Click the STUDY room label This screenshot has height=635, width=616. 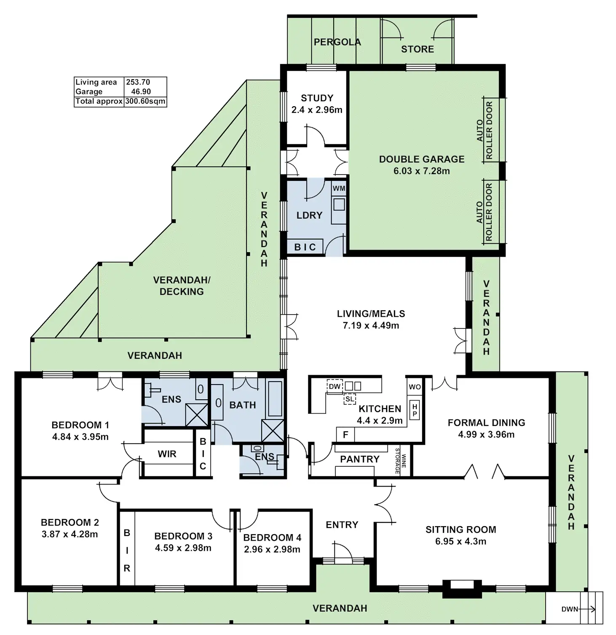point(317,98)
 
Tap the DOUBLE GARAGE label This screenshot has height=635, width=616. point(422,159)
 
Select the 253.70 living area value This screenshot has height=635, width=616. point(138,82)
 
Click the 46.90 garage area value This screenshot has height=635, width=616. point(141,91)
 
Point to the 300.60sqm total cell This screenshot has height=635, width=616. point(145,101)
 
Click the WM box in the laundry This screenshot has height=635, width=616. point(339,188)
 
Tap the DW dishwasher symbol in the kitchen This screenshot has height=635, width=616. point(335,386)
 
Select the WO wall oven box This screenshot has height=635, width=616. point(415,387)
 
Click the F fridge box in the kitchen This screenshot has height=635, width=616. point(345,435)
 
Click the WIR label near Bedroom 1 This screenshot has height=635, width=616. point(167,454)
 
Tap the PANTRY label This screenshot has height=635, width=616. point(359,459)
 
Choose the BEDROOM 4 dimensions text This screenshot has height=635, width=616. point(272,549)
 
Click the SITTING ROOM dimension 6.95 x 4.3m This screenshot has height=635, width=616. point(461,541)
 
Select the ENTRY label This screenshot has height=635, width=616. point(342,525)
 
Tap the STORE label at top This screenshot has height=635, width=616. point(417,49)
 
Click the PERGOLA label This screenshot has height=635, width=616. point(337,42)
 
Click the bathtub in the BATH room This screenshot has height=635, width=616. point(275,399)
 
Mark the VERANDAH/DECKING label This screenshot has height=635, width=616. point(182,286)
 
